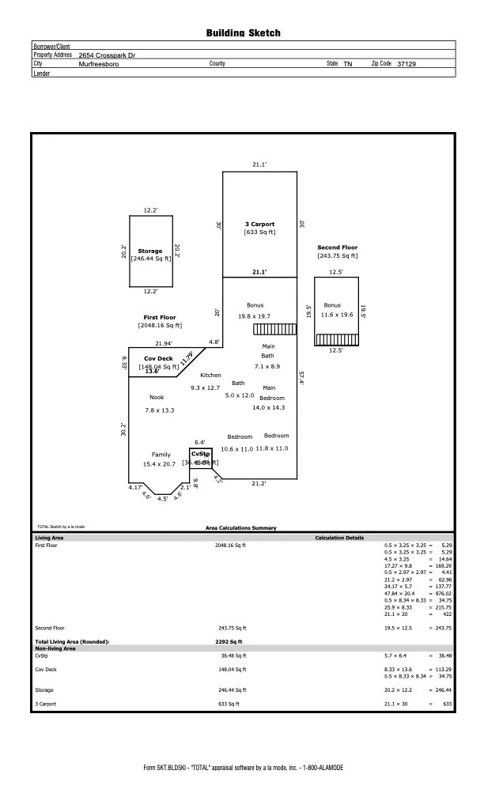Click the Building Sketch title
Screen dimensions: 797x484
coord(243,33)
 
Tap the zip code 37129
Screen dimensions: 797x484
coord(406,63)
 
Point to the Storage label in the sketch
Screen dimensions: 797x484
coord(150,251)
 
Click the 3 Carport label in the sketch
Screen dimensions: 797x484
coord(259,225)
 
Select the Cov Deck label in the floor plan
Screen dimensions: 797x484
coord(158,358)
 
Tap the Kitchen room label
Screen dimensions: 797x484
coord(210,375)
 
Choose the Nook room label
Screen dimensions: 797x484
coord(157,397)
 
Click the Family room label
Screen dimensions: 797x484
coord(161,455)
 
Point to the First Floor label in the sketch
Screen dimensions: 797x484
coord(160,317)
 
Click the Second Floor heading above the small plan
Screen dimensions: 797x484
coord(338,247)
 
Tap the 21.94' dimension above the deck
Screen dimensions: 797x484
coord(164,343)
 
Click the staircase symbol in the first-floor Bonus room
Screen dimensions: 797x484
coord(274,329)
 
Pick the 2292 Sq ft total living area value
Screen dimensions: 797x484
coord(229,642)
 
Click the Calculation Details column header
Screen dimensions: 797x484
coord(339,538)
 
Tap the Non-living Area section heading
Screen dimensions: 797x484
coord(55,648)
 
